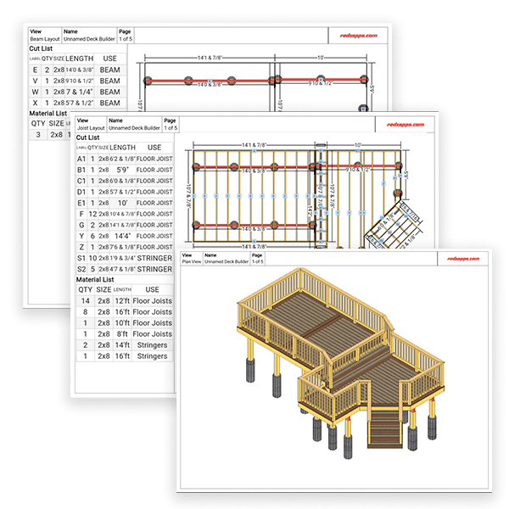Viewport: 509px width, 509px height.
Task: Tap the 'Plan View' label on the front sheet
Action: pos(198,261)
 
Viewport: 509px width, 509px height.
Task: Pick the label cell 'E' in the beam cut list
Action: pos(35,70)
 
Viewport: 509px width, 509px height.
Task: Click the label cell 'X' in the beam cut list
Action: pos(35,102)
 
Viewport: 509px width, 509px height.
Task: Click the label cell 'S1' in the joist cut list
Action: pos(81,258)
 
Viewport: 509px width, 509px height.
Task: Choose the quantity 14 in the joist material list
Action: pos(85,301)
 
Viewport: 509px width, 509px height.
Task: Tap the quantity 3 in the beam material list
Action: pos(37,134)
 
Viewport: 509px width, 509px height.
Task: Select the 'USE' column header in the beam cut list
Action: pos(109,59)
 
